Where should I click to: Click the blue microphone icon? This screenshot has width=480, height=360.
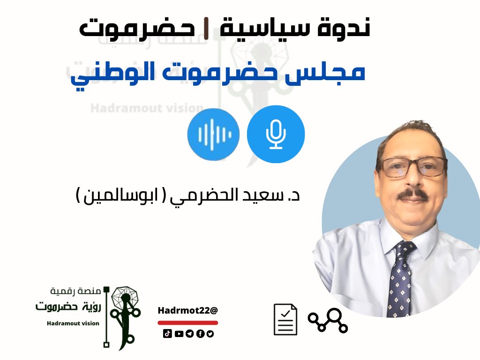(x=276, y=134)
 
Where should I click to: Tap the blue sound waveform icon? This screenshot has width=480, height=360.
(x=213, y=134)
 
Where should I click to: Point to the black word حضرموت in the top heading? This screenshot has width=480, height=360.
(x=137, y=29)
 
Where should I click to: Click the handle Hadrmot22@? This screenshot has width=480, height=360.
(x=187, y=310)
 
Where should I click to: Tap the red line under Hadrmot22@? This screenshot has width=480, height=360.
(x=187, y=322)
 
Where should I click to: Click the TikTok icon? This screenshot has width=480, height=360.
(x=167, y=334)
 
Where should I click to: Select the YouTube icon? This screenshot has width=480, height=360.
(x=179, y=334)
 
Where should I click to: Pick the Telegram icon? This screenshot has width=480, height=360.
(x=189, y=334)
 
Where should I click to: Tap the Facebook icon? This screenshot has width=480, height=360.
(x=200, y=334)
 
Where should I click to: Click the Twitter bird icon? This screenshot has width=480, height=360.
(x=210, y=334)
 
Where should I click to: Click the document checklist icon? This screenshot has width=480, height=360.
(x=285, y=319)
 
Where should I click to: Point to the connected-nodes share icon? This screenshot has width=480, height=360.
(x=328, y=320)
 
